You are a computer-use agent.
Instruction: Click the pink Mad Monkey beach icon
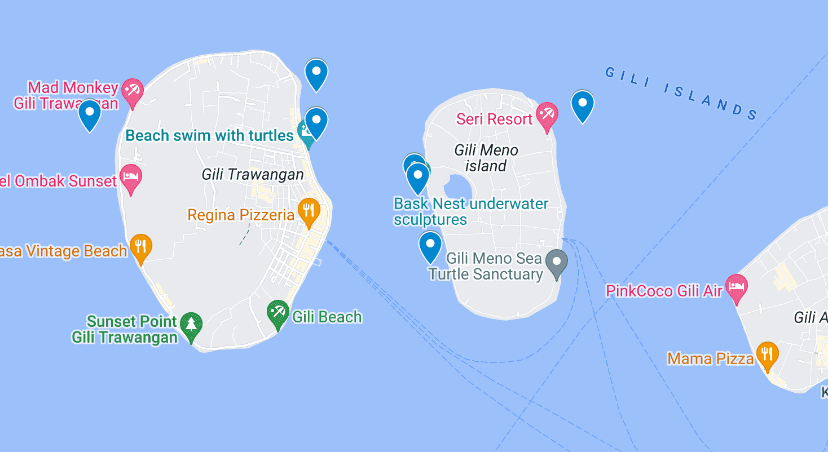(133, 91)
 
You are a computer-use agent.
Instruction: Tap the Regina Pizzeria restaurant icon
(309, 211)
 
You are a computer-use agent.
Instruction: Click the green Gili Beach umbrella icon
(278, 313)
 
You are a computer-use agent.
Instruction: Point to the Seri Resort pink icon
(547, 115)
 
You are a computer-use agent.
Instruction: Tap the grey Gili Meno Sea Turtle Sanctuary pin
(557, 262)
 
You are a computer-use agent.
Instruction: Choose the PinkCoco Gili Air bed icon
(736, 287)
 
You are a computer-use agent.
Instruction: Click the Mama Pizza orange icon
(767, 354)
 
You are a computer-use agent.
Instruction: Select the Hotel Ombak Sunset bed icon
(131, 177)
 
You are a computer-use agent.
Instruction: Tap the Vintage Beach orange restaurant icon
(140, 247)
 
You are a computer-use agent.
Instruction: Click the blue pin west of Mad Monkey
(89, 113)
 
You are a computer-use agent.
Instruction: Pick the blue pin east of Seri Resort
(582, 104)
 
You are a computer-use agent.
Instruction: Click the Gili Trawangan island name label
(253, 175)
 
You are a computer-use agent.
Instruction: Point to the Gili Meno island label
(486, 158)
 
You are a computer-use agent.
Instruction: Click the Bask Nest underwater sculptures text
(470, 211)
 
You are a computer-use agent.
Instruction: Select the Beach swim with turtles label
(209, 135)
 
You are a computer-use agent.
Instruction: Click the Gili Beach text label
(327, 317)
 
